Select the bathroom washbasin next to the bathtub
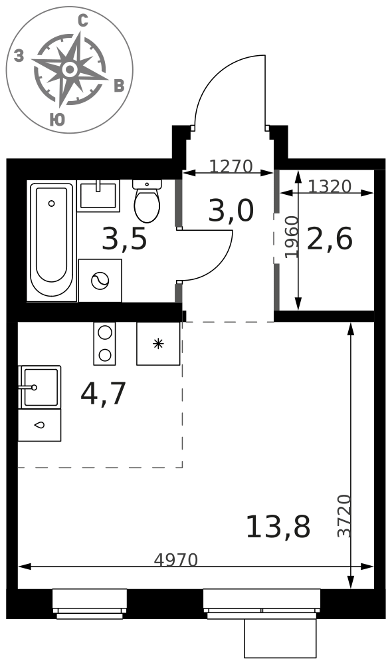99,196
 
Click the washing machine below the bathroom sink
100,281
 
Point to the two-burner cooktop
104,344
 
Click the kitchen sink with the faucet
40,387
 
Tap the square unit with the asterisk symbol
158,344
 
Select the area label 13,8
278,527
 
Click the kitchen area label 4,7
104,394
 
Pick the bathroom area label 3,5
125,238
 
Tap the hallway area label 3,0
231,211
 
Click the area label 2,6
330,239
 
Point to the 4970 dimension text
176,560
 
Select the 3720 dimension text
345,516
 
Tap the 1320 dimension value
330,186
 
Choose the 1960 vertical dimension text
292,237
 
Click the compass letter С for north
83,21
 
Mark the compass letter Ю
57,120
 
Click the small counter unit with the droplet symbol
39,424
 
